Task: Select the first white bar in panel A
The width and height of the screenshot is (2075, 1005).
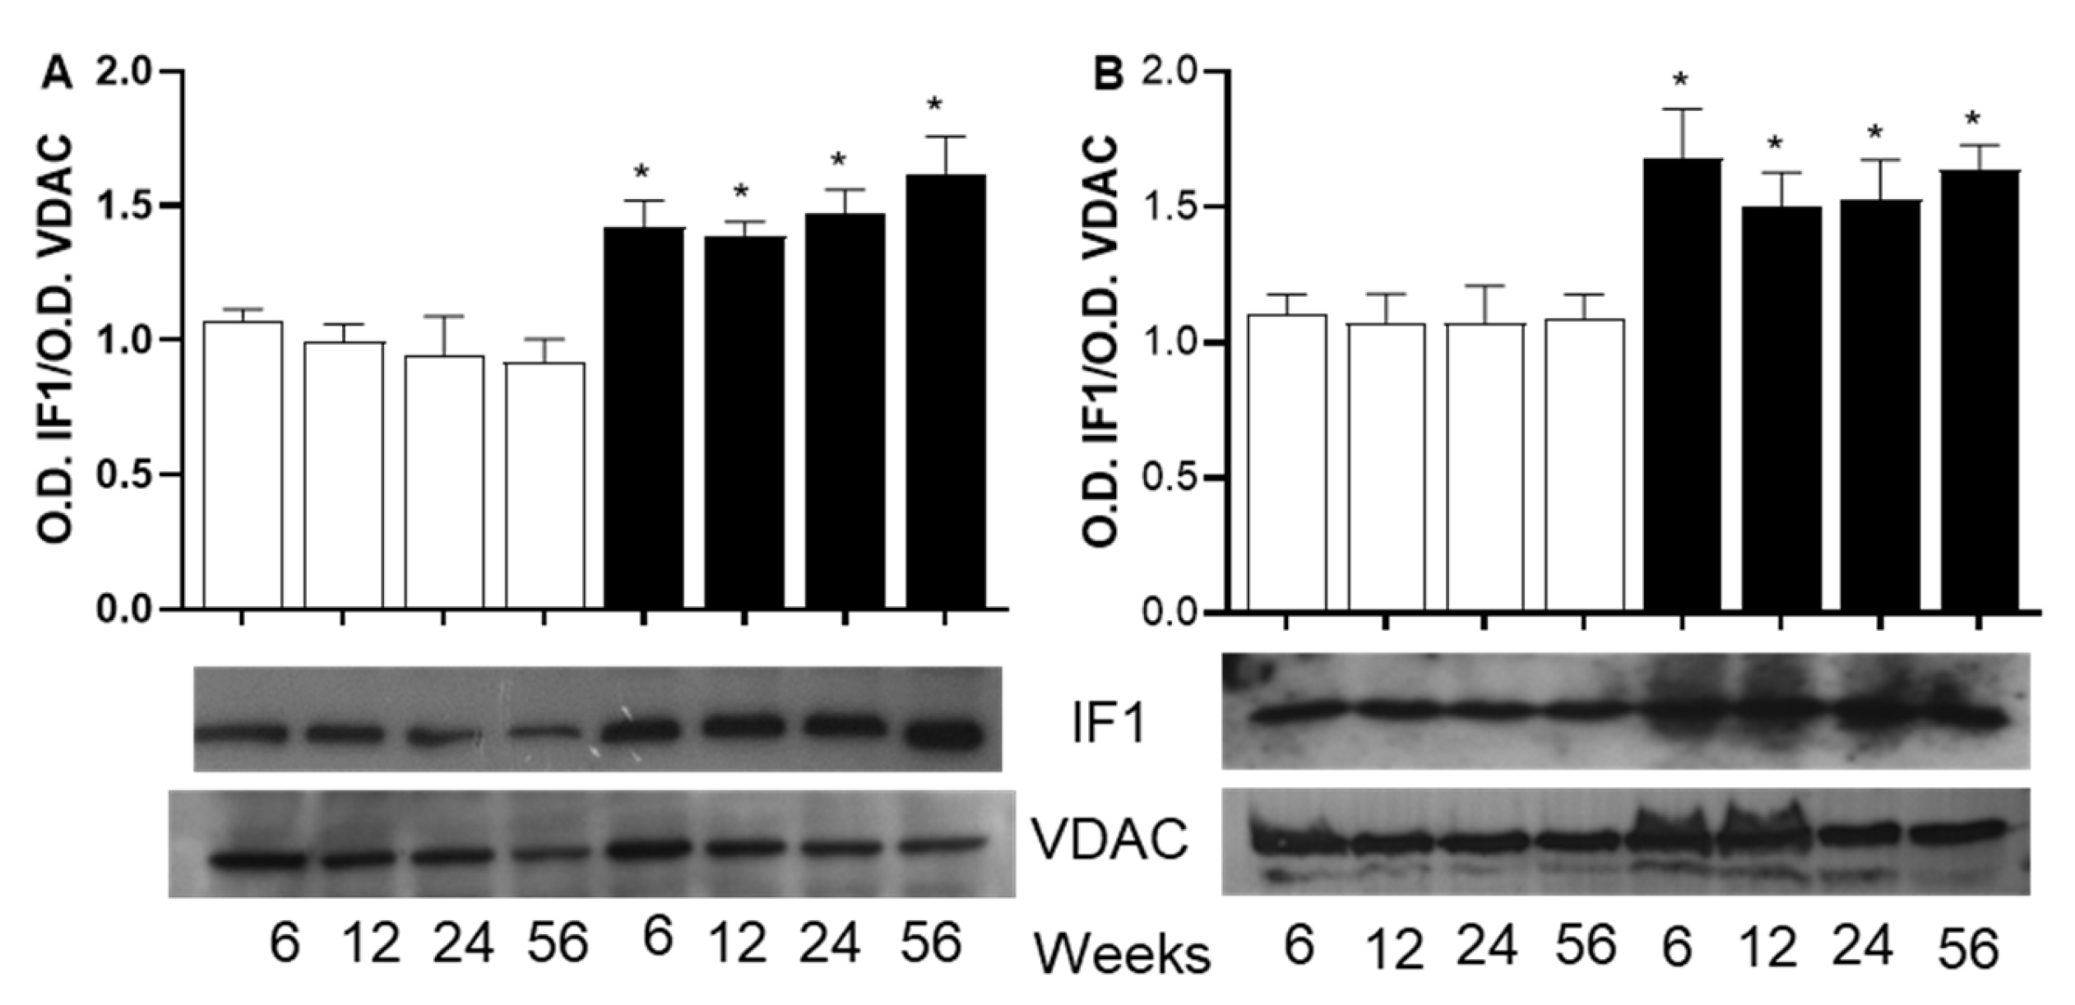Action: coord(243,465)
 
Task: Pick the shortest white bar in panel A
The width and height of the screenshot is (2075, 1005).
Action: coord(544,485)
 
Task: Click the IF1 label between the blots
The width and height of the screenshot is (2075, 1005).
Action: coord(1109,724)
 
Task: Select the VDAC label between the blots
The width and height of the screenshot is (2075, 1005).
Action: coord(1109,840)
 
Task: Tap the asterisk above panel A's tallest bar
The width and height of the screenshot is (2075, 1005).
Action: coord(934,105)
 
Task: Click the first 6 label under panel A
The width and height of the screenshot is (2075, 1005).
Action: coord(285,944)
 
